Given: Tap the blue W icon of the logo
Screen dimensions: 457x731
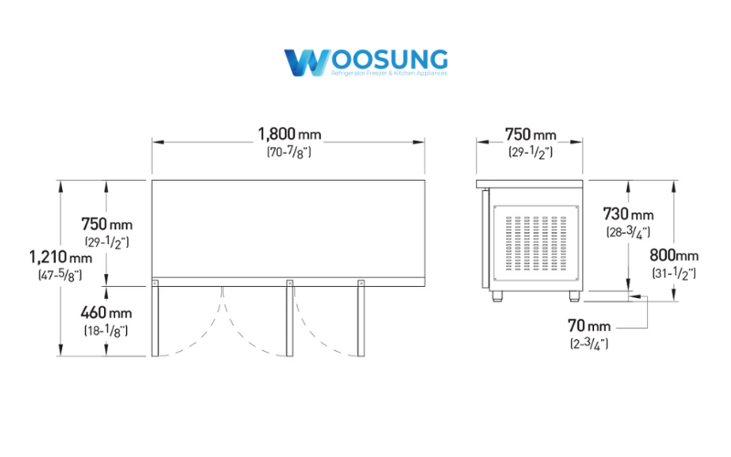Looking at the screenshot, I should point(302,63).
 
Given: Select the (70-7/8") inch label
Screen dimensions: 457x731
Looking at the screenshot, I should point(289,153).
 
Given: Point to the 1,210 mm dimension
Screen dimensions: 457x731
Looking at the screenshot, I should point(55,257).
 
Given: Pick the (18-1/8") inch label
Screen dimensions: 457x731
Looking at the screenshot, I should point(106,330).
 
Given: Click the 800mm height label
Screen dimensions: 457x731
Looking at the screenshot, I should point(673,256).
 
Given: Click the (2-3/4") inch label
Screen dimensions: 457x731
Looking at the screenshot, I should point(589,343).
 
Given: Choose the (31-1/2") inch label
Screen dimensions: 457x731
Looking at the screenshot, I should point(673,273).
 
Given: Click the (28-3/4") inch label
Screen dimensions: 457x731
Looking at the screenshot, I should point(629,232).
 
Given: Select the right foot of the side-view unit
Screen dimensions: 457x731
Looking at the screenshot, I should point(575,295).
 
